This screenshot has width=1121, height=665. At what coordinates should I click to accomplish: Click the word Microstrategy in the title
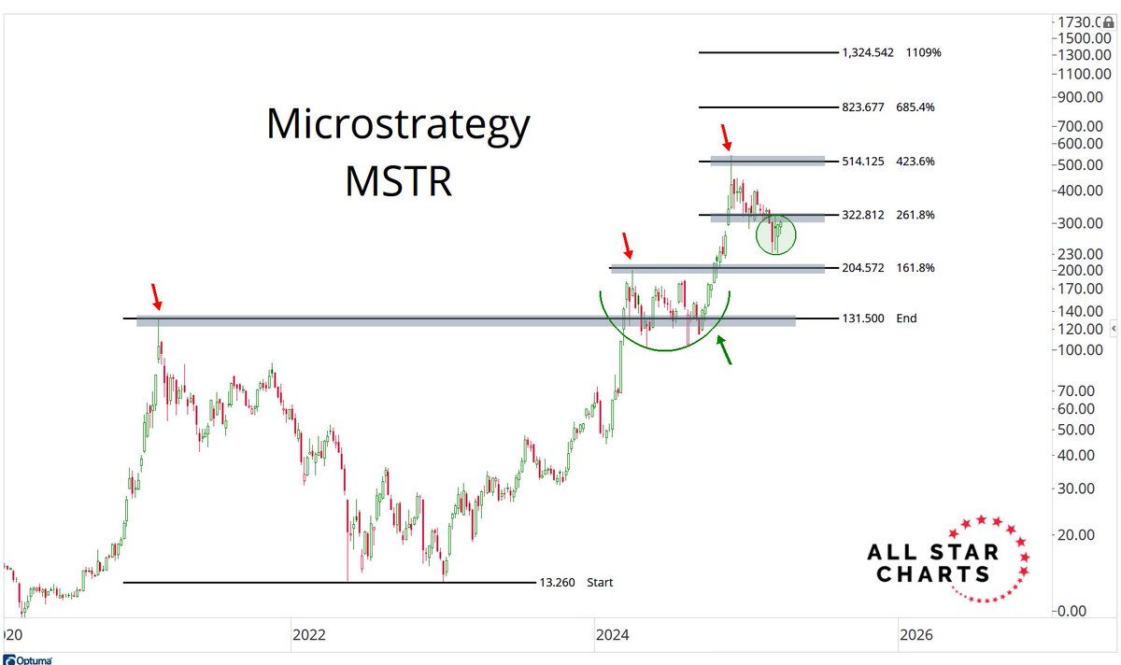398,125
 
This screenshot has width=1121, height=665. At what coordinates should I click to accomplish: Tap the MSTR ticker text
398,181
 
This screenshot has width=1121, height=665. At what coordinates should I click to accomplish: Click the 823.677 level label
862,107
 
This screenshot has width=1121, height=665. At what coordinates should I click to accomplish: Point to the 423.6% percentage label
915,161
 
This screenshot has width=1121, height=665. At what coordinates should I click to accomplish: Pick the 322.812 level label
862,215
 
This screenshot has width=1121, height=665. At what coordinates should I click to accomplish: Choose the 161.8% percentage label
915,268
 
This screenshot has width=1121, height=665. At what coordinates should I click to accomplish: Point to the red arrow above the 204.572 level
628,247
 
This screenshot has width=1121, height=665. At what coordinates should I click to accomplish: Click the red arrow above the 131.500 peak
156,298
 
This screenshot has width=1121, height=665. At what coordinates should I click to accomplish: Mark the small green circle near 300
776,234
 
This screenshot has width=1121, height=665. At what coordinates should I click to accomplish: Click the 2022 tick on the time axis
309,635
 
